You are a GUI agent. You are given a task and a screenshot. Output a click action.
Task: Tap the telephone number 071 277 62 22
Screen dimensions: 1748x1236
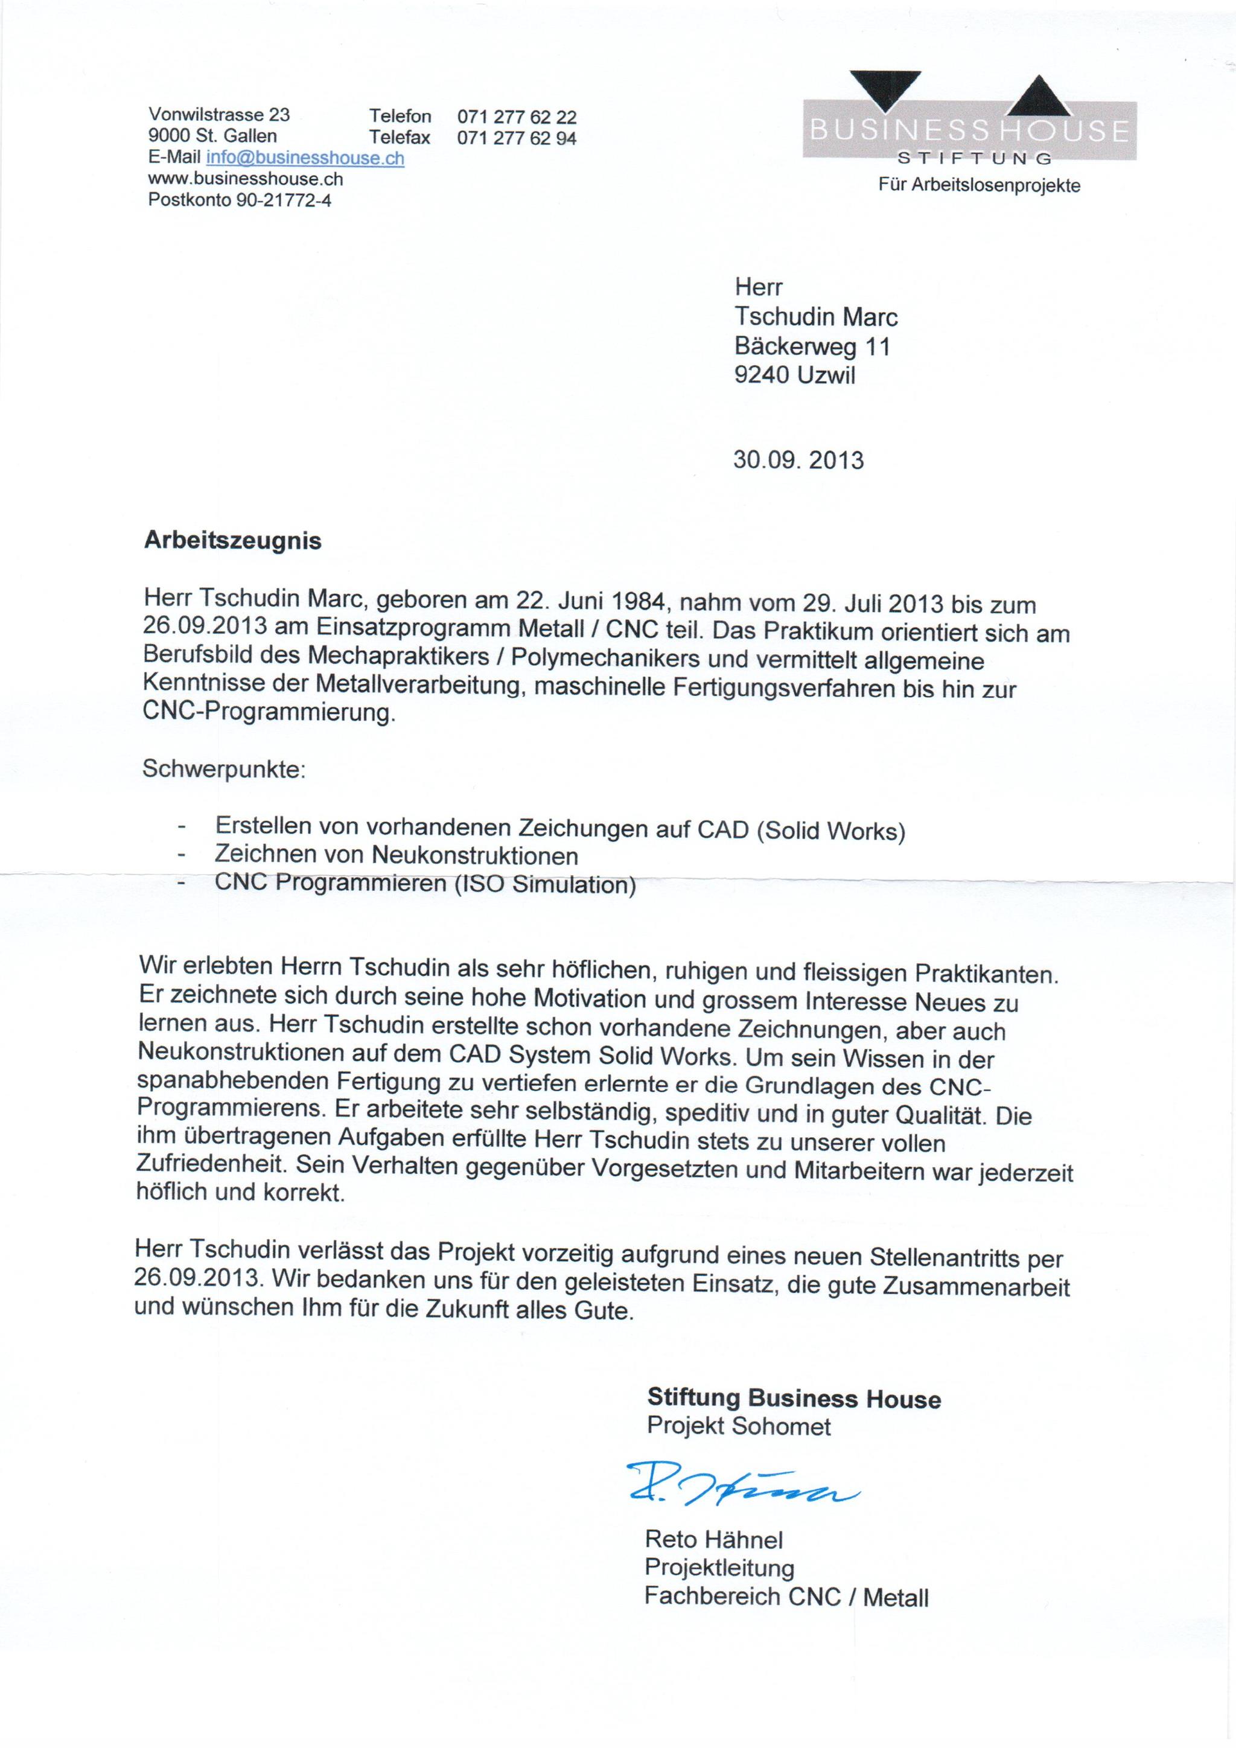[517, 117]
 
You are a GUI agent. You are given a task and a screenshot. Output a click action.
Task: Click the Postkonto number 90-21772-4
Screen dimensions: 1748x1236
[283, 201]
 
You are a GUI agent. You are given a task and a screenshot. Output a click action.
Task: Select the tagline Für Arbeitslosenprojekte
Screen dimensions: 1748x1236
[979, 186]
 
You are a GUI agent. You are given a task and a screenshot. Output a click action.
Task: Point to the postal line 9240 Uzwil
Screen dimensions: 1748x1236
[795, 375]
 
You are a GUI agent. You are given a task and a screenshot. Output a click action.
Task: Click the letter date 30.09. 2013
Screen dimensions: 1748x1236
[798, 461]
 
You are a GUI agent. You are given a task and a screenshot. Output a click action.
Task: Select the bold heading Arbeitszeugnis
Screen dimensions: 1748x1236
[232, 541]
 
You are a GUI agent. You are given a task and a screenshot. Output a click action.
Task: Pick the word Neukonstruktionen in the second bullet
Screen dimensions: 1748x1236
[475, 856]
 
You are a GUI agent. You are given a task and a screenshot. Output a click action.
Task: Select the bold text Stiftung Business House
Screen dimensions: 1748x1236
[794, 1398]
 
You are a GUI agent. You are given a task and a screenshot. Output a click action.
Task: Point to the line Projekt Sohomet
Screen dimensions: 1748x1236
[738, 1426]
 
